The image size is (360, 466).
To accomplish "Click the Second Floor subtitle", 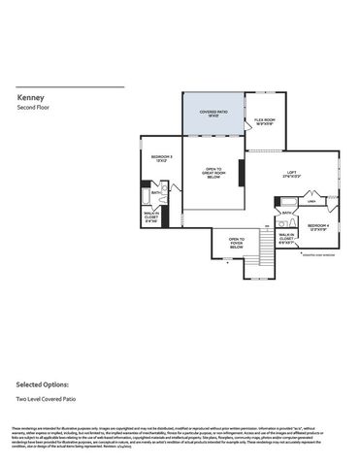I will point(35,107).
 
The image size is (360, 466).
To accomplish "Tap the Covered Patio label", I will point(213,114).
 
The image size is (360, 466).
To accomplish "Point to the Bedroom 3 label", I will point(161,158).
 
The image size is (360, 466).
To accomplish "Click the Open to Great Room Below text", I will point(214,173).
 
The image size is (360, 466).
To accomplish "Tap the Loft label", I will point(291,174).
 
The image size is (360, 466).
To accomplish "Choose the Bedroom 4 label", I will point(320,226).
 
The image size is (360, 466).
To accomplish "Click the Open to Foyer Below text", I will point(236,244).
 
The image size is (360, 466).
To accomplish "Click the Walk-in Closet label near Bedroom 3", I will point(151,216).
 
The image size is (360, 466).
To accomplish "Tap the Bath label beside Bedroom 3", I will point(155,192).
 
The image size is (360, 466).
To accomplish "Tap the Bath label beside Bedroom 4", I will point(286,212).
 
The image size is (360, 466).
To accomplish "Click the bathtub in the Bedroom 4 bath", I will point(289,200).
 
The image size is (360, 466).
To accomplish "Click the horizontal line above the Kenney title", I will point(71,87).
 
